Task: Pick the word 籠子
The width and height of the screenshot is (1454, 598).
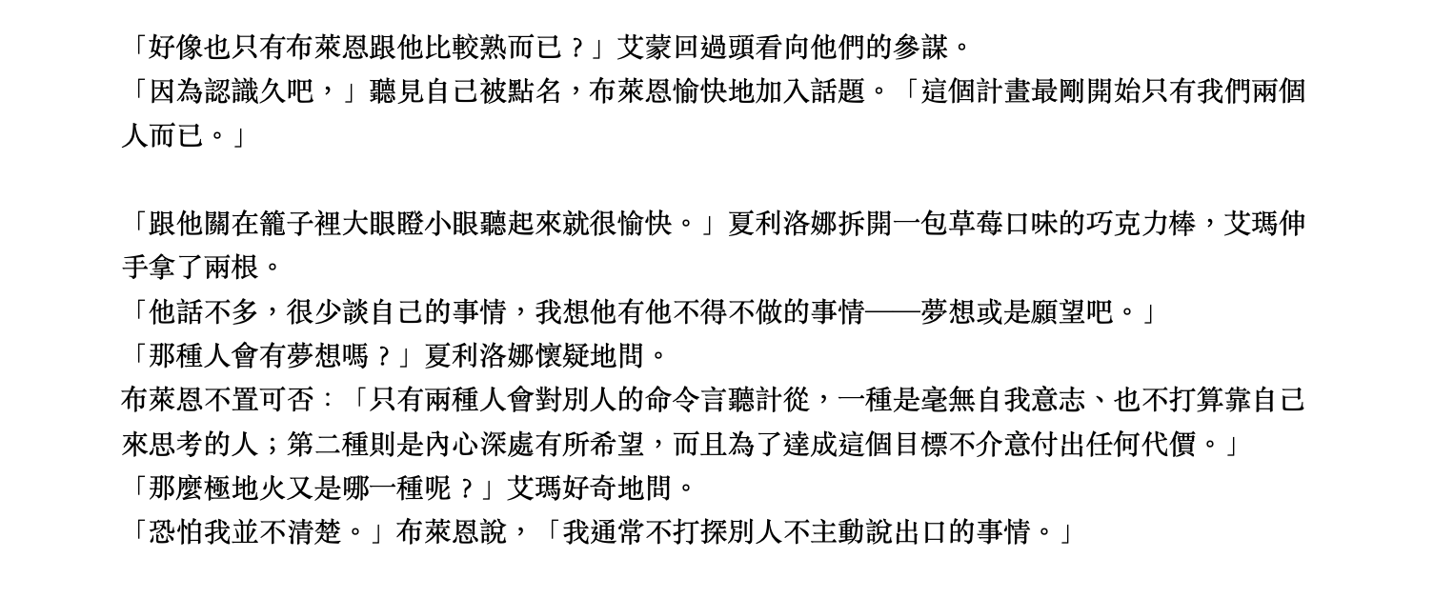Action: pos(287,224)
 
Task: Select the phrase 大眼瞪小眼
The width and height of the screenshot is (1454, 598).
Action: pos(411,224)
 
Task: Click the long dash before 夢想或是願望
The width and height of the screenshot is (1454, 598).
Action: pos(893,312)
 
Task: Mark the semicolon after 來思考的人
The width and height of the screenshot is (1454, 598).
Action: pos(273,446)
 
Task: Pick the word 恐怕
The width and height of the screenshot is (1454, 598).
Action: pos(176,532)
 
